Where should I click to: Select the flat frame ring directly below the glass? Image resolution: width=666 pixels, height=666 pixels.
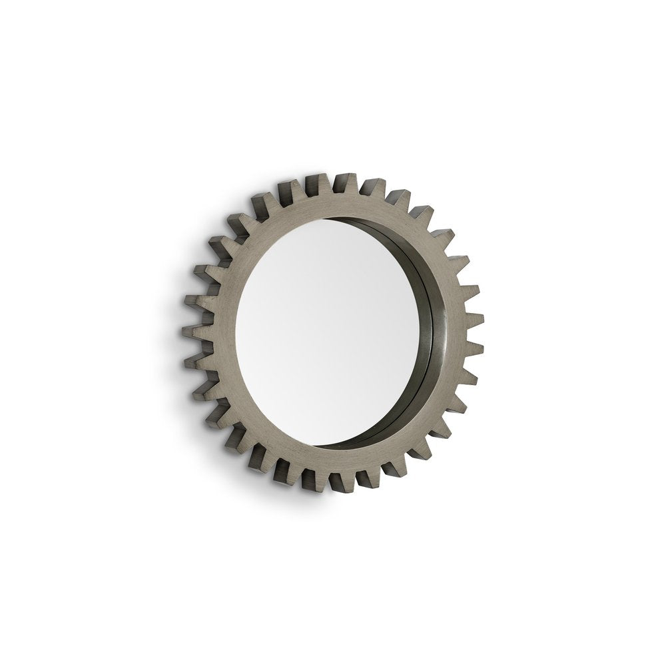(333, 460)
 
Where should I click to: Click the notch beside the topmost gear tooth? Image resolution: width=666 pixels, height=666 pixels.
(331, 186)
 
